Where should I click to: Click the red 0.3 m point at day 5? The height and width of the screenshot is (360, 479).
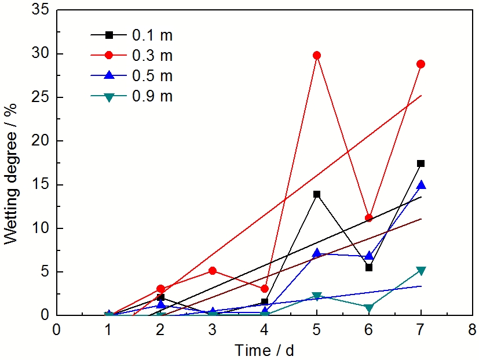pos(316,55)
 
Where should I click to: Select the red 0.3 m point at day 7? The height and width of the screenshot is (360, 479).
pos(421,64)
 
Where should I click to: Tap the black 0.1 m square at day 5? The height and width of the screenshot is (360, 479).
pos(316,194)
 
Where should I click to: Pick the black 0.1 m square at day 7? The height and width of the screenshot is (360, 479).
pos(421,163)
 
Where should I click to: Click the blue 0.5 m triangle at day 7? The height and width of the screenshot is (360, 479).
pos(421,185)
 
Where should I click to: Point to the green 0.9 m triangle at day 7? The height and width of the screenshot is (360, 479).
pos(421,271)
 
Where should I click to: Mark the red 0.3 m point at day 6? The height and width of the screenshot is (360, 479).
pos(368,218)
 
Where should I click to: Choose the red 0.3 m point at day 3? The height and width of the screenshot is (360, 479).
pos(212,271)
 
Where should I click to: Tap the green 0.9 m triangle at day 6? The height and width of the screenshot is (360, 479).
pos(368,308)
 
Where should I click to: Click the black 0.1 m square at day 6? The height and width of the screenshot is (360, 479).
pos(368,267)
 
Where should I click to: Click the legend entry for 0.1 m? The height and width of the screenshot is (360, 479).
pos(152,35)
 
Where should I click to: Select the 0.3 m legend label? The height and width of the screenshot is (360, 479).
pos(152,56)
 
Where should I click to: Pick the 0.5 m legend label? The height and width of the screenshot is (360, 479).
pos(152,76)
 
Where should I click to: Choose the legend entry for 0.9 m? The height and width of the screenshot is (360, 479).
pos(152,96)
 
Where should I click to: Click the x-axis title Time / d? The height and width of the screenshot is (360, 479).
pos(264,350)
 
